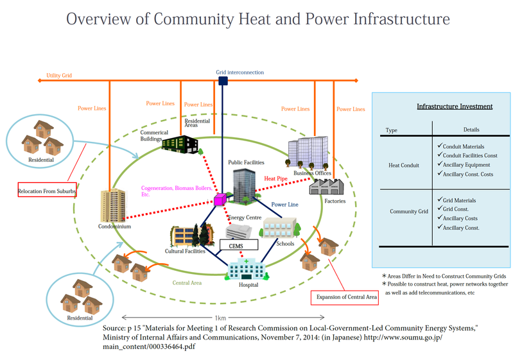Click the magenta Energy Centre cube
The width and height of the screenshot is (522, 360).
[x=220, y=200]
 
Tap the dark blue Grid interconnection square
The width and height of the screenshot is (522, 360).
[x=223, y=81]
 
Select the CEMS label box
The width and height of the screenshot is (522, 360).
[x=239, y=245]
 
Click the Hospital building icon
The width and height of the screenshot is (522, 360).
[x=248, y=269]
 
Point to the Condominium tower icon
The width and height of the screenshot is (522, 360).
[x=114, y=205]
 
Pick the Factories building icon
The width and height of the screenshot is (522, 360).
[x=326, y=187]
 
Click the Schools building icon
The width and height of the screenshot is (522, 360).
[x=280, y=228]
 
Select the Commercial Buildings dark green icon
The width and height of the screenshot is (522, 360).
[x=180, y=144]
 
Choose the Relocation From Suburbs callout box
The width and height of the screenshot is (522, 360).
[x=48, y=190]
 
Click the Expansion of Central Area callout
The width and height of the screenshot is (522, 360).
[x=345, y=298]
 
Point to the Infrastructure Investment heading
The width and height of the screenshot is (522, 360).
[x=455, y=107]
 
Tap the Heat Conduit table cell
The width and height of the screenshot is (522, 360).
[x=404, y=166]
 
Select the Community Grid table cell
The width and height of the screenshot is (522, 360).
[x=409, y=211]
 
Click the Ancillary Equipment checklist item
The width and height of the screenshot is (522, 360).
[x=464, y=165]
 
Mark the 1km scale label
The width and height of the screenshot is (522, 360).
[x=220, y=318]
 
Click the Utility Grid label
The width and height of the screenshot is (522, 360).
[x=59, y=76]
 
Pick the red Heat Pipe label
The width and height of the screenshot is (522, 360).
[x=275, y=178]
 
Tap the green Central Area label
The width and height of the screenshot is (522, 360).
[x=187, y=283]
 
